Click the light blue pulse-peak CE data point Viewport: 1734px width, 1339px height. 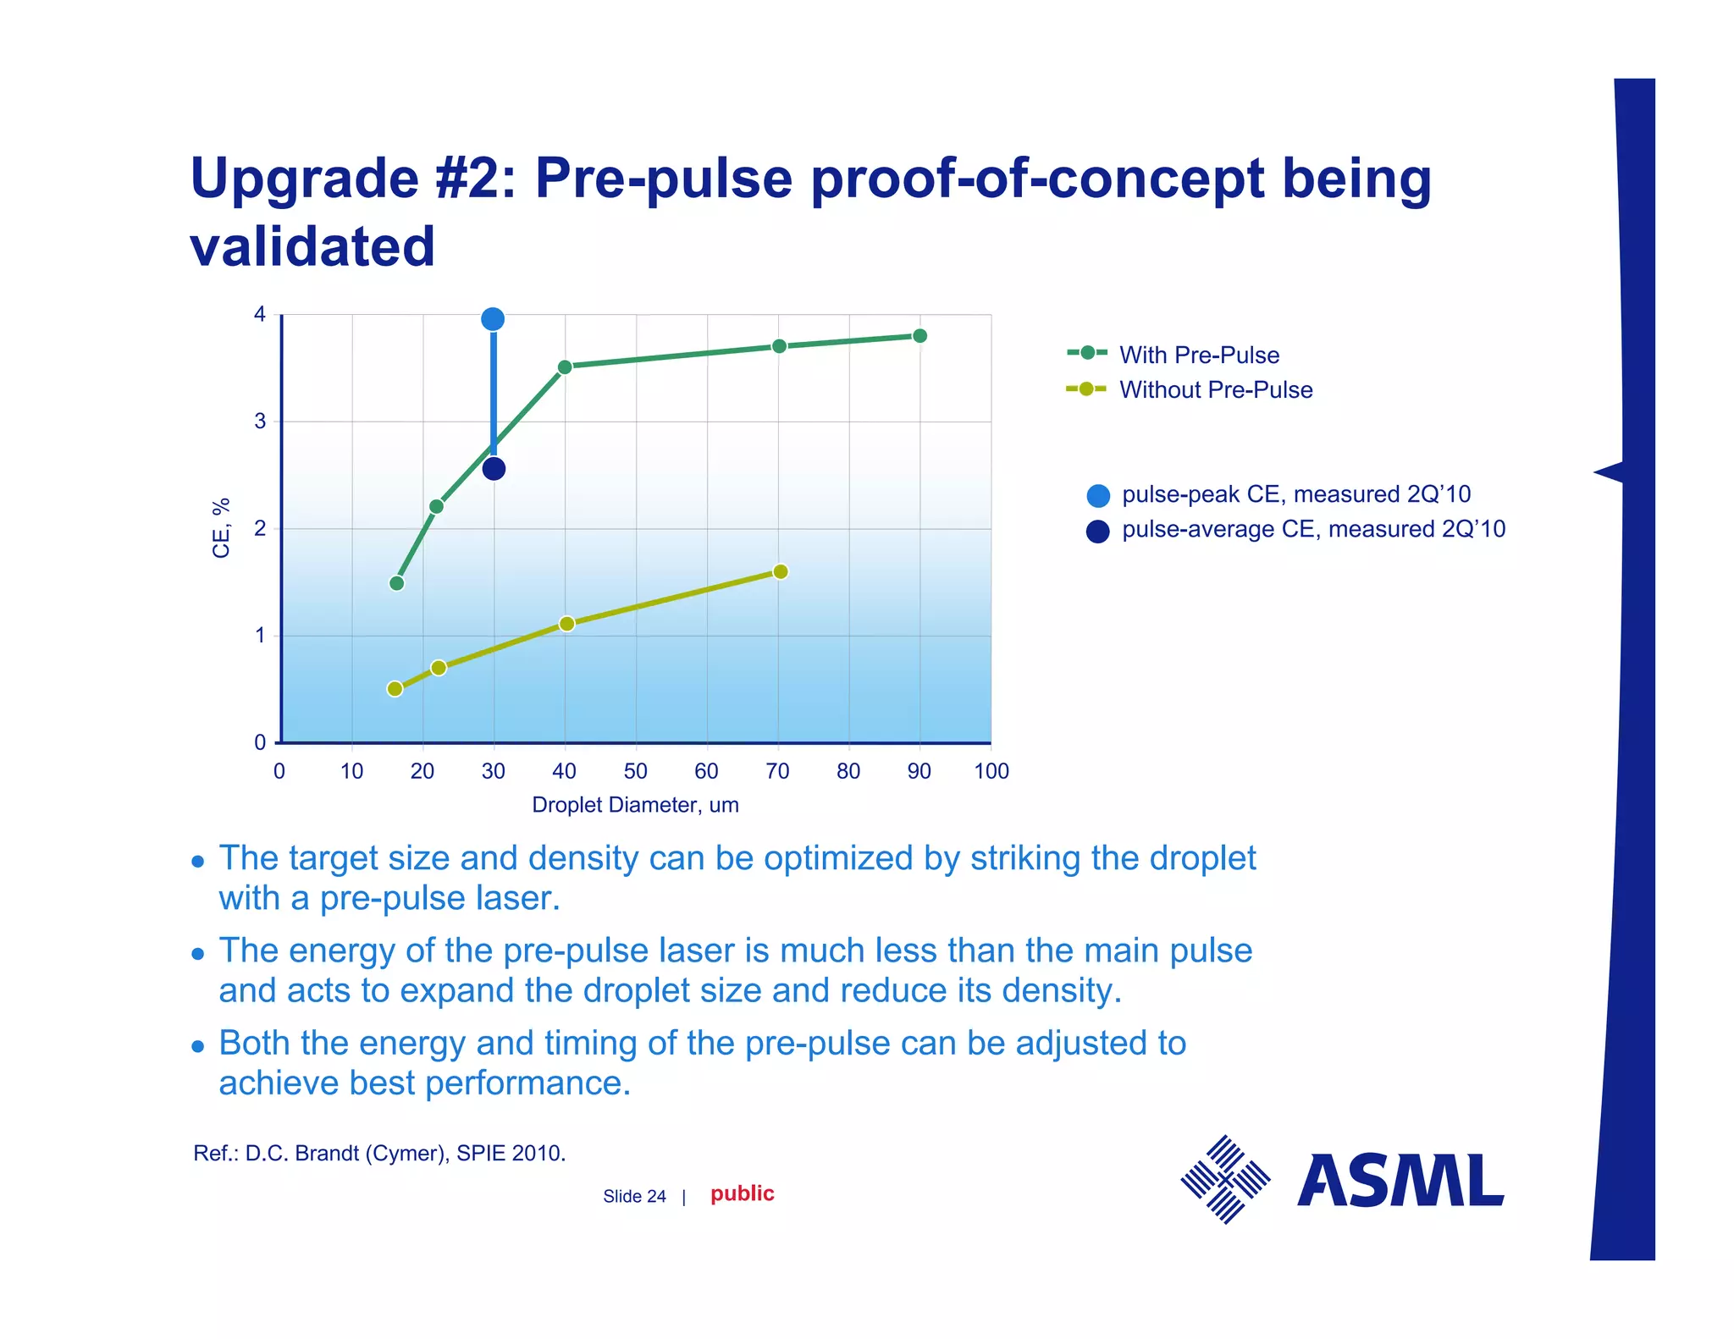[493, 319]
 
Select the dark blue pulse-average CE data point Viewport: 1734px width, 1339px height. [494, 468]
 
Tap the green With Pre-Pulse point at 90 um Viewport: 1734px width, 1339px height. [919, 336]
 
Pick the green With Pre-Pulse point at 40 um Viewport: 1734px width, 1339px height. [565, 366]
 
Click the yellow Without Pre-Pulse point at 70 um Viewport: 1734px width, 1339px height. [781, 571]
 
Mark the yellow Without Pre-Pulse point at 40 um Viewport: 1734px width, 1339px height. [566, 624]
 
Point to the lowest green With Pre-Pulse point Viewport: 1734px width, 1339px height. [396, 583]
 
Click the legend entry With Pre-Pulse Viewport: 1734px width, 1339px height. [1198, 355]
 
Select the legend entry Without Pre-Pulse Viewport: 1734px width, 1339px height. [1215, 389]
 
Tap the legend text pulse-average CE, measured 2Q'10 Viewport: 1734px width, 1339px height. [1312, 529]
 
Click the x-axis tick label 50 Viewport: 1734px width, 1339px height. [635, 771]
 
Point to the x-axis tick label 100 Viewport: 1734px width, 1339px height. [991, 771]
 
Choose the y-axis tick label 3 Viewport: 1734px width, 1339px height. [260, 421]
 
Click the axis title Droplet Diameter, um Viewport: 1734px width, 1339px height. [635, 805]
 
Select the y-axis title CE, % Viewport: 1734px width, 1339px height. [221, 528]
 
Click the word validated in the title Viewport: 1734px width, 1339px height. [312, 246]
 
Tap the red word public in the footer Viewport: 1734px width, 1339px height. [742, 1193]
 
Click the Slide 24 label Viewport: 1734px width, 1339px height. [634, 1196]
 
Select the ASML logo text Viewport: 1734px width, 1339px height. [1400, 1181]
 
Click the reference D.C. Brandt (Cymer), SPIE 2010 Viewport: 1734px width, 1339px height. [379, 1153]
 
